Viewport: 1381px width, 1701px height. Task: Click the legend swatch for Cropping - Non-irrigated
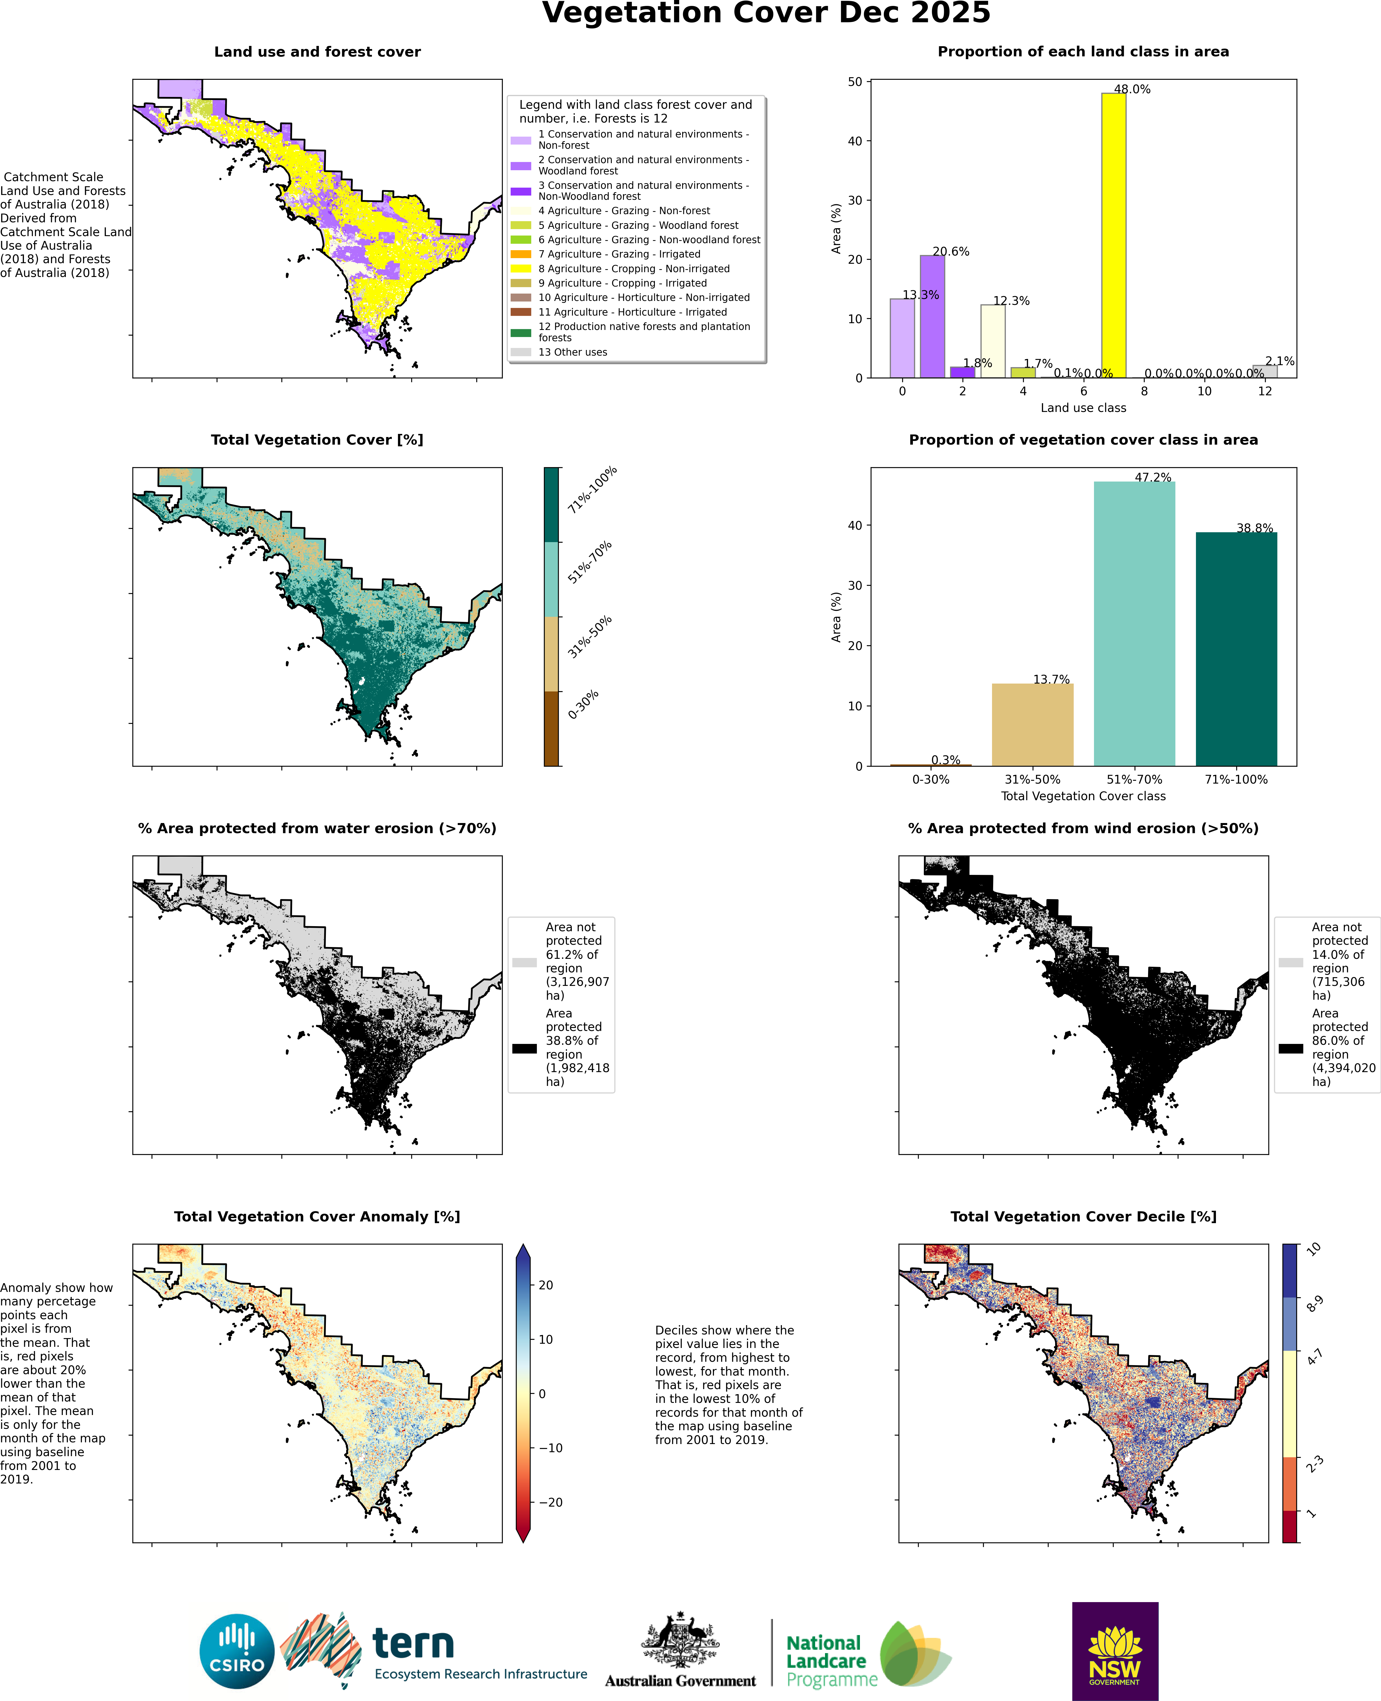tap(521, 269)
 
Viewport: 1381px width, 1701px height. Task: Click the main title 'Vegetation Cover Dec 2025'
tap(766, 14)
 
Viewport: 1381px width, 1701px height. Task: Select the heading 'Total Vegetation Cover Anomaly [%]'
tap(317, 1216)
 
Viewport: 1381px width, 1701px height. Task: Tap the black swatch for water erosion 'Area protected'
tap(524, 1049)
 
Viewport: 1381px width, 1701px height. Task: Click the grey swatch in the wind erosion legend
tap(1290, 963)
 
